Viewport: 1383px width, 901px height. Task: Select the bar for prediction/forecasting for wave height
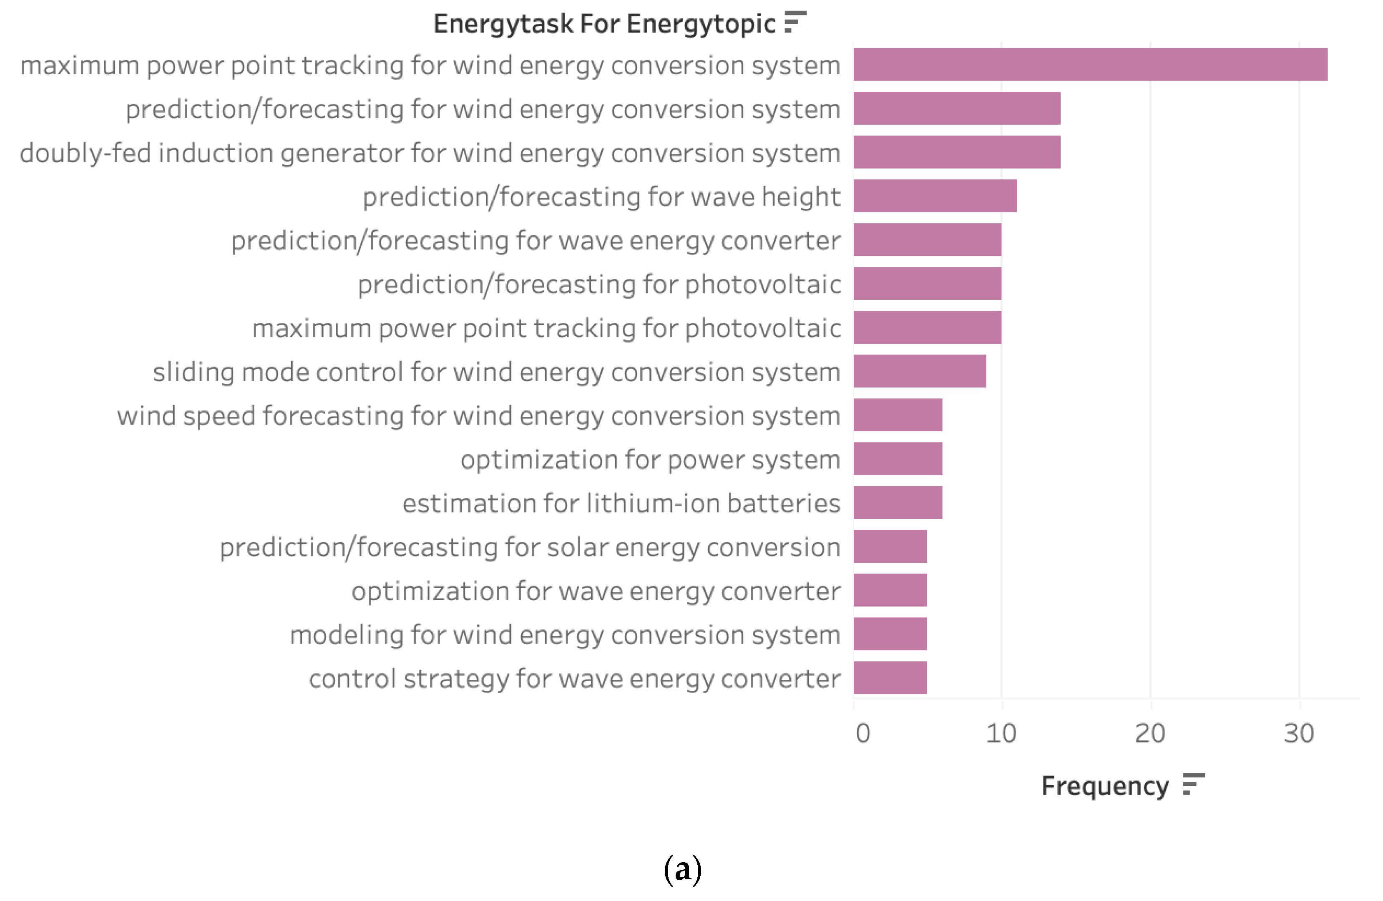934,196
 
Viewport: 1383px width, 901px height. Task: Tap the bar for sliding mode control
919,371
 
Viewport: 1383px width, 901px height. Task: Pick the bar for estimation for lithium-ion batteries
897,502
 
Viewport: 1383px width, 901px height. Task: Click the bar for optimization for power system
897,459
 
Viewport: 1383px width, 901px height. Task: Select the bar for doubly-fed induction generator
956,152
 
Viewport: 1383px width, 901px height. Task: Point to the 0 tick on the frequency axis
862,734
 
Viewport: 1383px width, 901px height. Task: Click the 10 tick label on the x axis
1001,734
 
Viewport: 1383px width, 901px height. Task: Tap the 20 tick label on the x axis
1149,734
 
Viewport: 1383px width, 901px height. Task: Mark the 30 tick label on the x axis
1299,734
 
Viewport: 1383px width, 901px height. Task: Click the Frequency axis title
1104,786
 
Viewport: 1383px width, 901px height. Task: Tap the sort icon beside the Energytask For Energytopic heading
795,22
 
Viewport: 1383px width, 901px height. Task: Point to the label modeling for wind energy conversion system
565,634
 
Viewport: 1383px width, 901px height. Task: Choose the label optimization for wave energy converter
596,591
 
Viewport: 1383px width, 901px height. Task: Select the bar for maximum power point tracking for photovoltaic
927,327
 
